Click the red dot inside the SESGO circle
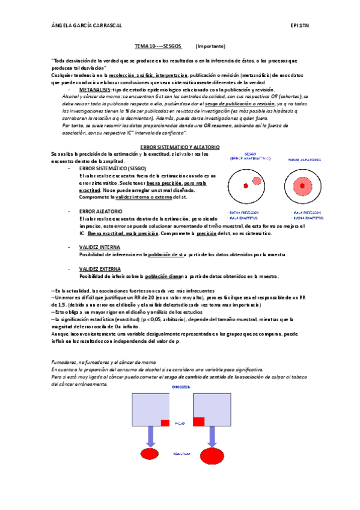(245, 186)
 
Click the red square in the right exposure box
(198, 422)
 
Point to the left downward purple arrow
(150, 437)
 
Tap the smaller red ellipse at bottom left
(150, 453)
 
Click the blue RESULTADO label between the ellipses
(181, 453)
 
